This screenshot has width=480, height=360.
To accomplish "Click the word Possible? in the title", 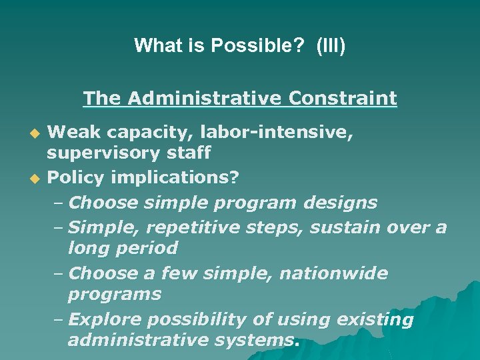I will click(x=250, y=46).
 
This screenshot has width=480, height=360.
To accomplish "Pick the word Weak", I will click(x=72, y=133).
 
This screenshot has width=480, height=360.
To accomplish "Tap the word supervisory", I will click(x=103, y=153).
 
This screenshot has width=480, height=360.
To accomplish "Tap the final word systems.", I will click(x=263, y=341).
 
